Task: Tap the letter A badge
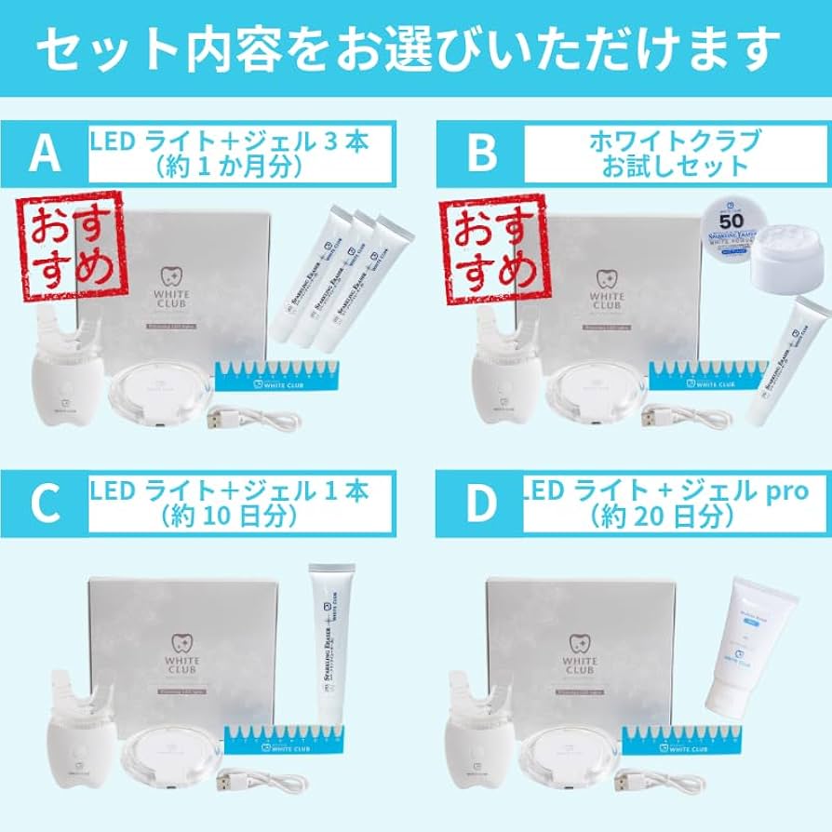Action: pyautogui.click(x=44, y=154)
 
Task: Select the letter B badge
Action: pyautogui.click(x=480, y=154)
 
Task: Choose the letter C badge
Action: pyautogui.click(x=44, y=503)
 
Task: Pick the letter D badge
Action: pyautogui.click(x=480, y=503)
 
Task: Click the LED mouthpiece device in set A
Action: pyautogui.click(x=65, y=363)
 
